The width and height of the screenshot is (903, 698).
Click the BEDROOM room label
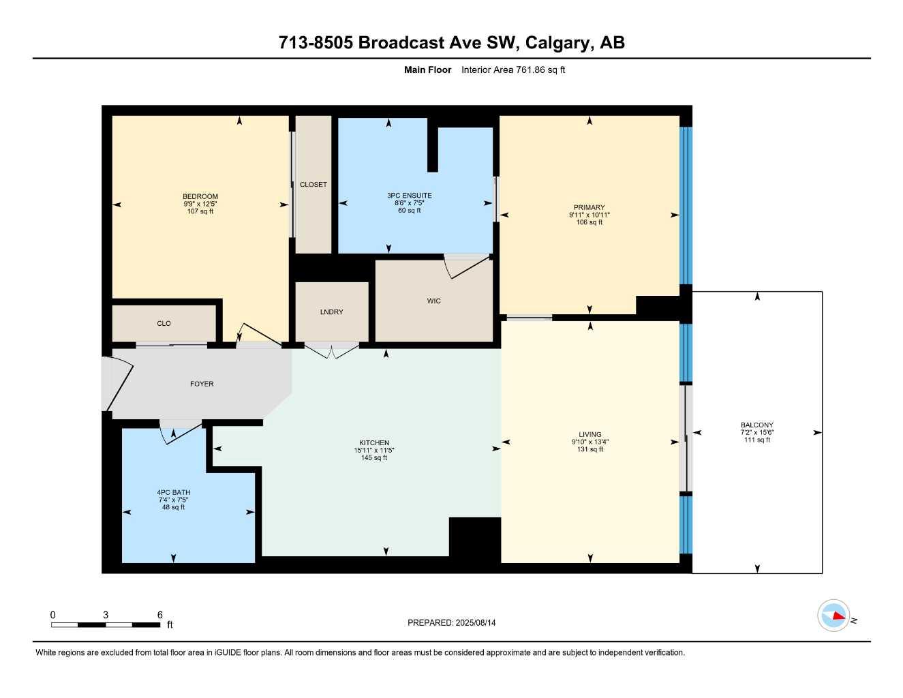tap(200, 197)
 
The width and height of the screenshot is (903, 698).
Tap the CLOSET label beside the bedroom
tap(313, 185)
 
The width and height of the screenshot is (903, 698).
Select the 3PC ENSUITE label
tap(409, 196)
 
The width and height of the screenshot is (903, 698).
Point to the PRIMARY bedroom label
tap(589, 208)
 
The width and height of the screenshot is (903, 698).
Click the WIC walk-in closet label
tap(434, 301)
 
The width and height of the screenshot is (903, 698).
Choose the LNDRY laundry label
tap(332, 312)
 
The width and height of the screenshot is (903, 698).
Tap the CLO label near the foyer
tap(164, 324)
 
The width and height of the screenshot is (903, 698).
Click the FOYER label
tap(202, 384)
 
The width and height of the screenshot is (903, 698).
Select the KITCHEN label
tap(374, 443)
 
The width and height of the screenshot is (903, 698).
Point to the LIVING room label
tap(590, 435)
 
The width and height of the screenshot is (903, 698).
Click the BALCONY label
tap(756, 425)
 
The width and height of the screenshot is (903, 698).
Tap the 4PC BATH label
tap(173, 493)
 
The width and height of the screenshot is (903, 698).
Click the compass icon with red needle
tap(833, 616)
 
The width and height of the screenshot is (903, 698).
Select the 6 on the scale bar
tap(160, 615)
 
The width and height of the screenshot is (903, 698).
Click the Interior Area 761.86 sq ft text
tap(513, 70)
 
